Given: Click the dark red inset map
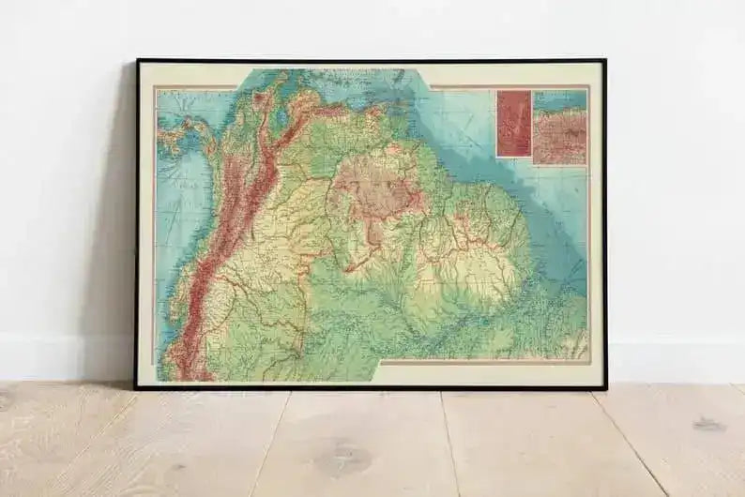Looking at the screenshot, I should [x=513, y=123].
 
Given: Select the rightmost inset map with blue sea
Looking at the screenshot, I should [x=560, y=127].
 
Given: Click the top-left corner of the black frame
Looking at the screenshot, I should [x=138, y=61].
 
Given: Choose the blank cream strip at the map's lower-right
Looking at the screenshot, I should [x=488, y=371].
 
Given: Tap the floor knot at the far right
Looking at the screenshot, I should [x=708, y=424].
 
